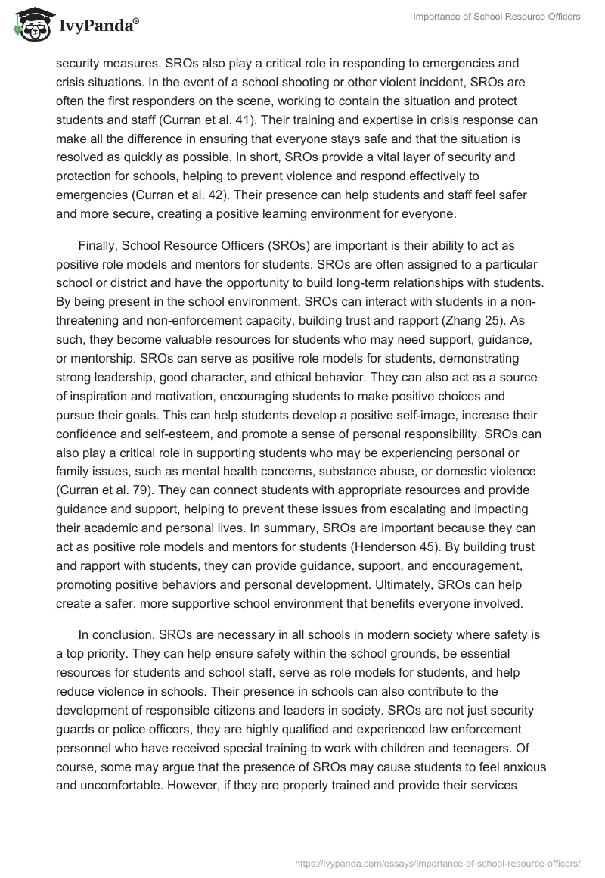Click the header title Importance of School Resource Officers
coord(497,17)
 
